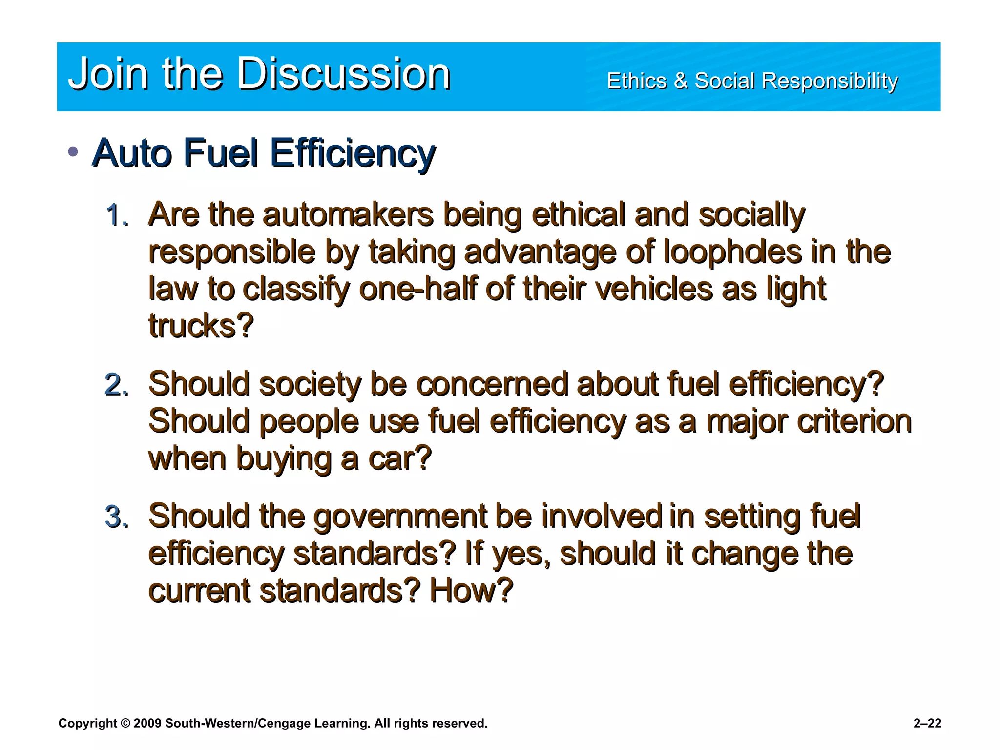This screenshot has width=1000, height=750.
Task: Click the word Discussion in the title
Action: (344, 74)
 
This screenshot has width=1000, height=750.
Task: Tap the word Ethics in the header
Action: (636, 81)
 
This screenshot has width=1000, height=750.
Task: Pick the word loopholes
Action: (732, 252)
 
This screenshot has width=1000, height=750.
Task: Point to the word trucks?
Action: (201, 326)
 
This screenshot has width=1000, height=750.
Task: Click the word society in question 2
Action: (310, 384)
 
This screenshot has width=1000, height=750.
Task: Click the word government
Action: (400, 517)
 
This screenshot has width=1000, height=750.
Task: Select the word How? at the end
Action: (471, 590)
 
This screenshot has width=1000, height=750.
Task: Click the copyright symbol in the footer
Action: (125, 723)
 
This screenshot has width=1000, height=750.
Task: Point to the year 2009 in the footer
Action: (147, 723)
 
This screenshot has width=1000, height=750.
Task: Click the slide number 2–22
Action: (927, 723)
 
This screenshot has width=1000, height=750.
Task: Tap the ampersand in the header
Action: (680, 81)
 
